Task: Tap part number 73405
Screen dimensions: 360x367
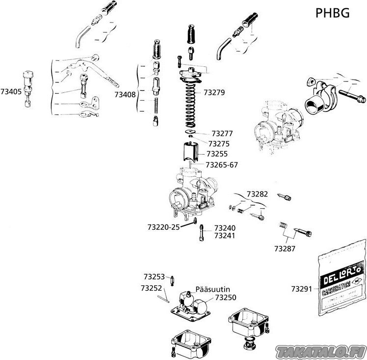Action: coord(11,91)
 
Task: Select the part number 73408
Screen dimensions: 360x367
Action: coord(125,94)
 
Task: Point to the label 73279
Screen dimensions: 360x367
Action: coord(214,91)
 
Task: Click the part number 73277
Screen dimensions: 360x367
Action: coord(222,133)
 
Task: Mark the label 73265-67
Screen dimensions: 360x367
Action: coord(222,165)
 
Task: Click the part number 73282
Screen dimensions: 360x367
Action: coord(257,194)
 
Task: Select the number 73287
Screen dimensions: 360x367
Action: coord(285,249)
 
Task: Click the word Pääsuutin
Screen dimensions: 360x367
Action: coord(213,289)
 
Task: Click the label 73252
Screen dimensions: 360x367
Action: coord(151,288)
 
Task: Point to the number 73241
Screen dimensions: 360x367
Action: coord(225,236)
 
